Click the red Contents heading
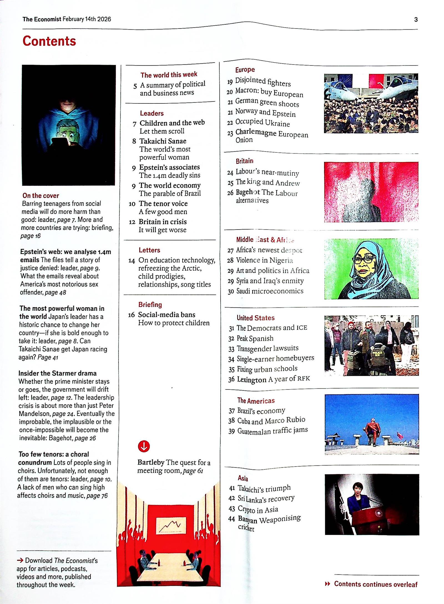pos(49,41)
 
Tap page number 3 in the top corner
pos(416,19)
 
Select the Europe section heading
pos(245,70)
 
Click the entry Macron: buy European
pos(269,92)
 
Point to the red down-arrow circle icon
pos(144,446)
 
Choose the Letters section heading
pos(149,250)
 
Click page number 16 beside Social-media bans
pos(131,315)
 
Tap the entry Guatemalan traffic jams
pos(272,431)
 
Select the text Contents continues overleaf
pos(375,584)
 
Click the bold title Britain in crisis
pos(163,222)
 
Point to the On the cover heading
pos(41,195)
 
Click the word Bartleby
pos(151,462)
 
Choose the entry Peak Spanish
pos(255,338)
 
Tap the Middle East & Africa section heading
pos(265,240)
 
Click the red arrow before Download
pos(20,560)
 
